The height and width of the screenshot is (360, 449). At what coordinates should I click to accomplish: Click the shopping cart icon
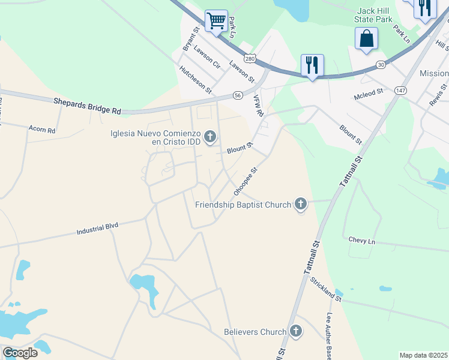coord(216,20)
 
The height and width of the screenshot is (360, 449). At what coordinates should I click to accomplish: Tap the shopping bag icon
coord(366,39)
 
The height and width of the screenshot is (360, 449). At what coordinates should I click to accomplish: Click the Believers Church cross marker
coord(295,331)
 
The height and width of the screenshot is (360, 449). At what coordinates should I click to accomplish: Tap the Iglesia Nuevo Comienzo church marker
coord(210,137)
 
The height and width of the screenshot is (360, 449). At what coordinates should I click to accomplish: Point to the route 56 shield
coord(238,95)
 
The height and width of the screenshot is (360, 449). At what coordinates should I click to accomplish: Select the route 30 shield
coord(381,64)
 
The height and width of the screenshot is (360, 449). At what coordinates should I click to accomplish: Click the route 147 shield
coord(401,90)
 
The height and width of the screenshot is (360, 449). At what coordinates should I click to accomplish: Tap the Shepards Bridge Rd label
coord(87,106)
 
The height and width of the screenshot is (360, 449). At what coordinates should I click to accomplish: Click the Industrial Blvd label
coord(98,229)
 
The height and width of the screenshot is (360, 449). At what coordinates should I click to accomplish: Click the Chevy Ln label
coord(361,240)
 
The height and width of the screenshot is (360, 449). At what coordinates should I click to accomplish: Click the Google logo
coord(20,353)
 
